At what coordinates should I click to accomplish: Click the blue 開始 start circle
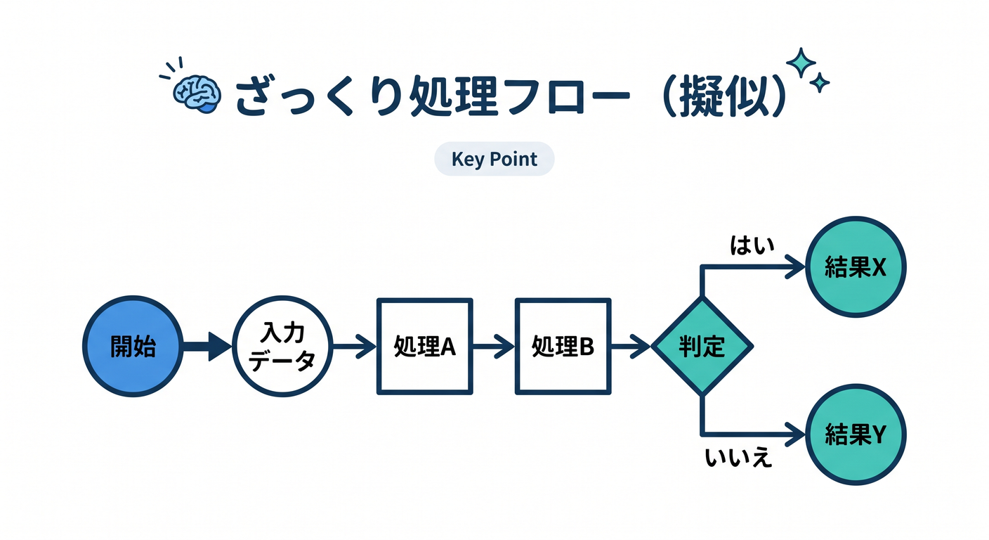[x=133, y=346]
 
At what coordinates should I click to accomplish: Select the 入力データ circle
[x=282, y=346]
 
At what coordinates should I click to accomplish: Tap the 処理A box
[x=425, y=346]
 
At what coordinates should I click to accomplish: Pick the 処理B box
[x=563, y=346]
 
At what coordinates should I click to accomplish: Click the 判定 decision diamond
[x=702, y=346]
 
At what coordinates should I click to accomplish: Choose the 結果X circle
[x=856, y=266]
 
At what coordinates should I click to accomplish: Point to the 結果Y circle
[x=856, y=435]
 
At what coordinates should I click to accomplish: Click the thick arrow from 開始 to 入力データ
[x=207, y=346]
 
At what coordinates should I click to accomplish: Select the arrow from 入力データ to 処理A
[x=355, y=346]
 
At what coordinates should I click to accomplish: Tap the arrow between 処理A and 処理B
[x=494, y=346]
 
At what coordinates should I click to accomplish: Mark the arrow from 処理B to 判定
[x=631, y=346]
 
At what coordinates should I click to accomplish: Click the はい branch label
[x=752, y=245]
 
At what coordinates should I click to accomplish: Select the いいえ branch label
[x=738, y=458]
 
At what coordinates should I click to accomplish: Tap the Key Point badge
[x=494, y=159]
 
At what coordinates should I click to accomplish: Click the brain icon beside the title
[x=197, y=94]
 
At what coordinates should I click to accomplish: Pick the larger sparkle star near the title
[x=801, y=63]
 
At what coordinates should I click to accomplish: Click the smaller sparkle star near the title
[x=820, y=83]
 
